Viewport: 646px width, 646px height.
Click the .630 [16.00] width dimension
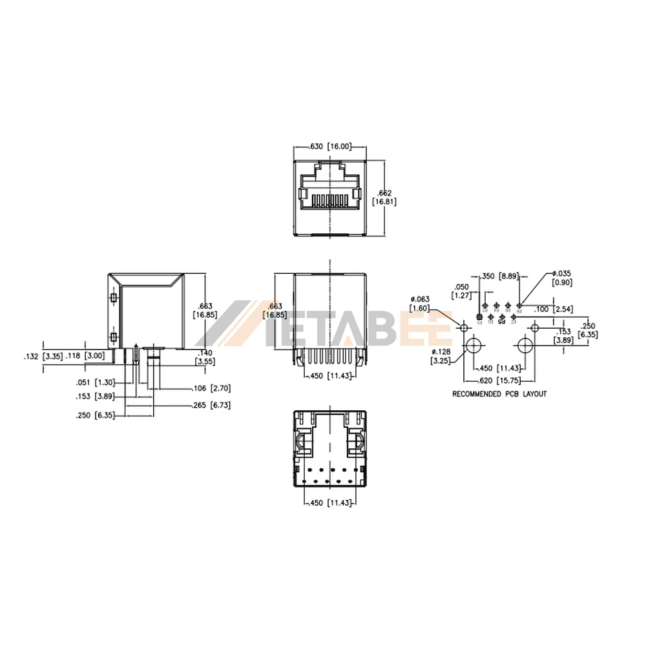[329, 147]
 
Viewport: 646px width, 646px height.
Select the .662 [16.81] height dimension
[385, 197]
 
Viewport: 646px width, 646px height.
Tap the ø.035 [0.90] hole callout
[561, 277]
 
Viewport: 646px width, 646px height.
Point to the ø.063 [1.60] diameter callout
[420, 304]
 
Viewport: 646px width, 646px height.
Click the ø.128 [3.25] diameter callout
[441, 356]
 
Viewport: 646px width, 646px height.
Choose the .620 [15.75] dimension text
[496, 380]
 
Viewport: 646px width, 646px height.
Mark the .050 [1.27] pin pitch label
[461, 291]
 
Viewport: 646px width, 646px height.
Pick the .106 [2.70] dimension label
[211, 388]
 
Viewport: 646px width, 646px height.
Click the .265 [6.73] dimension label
[211, 405]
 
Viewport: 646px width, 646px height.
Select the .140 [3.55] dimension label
[206, 357]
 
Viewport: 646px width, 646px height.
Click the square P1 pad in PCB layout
[479, 317]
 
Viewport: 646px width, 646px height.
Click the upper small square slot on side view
[113, 298]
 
